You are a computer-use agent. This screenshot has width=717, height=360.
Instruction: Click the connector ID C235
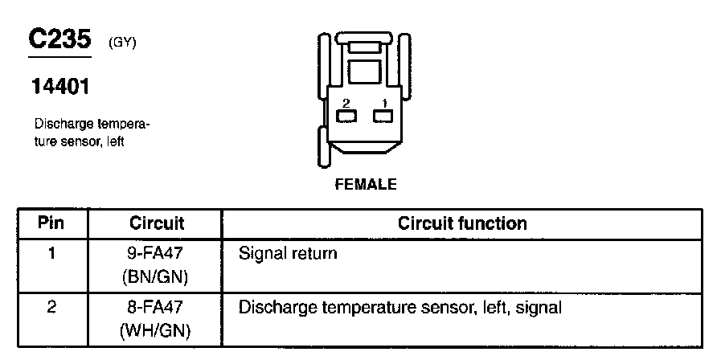pos(60,39)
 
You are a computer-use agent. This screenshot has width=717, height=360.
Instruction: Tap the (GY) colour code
pos(122,43)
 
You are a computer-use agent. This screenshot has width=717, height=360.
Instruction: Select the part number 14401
pos(60,86)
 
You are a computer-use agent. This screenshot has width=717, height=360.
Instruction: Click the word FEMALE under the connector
pos(366,184)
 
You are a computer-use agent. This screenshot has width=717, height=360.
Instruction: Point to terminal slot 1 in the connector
pos(383,116)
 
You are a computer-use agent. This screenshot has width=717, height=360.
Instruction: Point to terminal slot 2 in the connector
pos(346,116)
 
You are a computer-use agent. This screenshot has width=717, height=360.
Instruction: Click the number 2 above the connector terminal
pos(346,103)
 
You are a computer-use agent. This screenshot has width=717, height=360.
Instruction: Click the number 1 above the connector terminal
pos(384,103)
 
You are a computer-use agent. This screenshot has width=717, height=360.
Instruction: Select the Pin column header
pos(51,223)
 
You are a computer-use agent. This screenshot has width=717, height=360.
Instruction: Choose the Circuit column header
pos(157,223)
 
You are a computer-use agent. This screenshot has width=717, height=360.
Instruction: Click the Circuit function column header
pos(462,223)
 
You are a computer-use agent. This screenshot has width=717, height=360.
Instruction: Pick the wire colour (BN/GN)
pos(155,277)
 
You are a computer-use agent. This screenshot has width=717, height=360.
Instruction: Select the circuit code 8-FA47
pos(155,307)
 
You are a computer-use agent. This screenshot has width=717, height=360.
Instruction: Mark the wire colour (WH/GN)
pos(155,330)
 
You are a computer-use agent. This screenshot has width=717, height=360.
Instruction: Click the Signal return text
pos(288,254)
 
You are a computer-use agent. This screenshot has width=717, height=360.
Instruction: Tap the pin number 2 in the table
pos(51,307)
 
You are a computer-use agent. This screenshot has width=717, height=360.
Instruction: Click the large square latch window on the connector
pos(364,72)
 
